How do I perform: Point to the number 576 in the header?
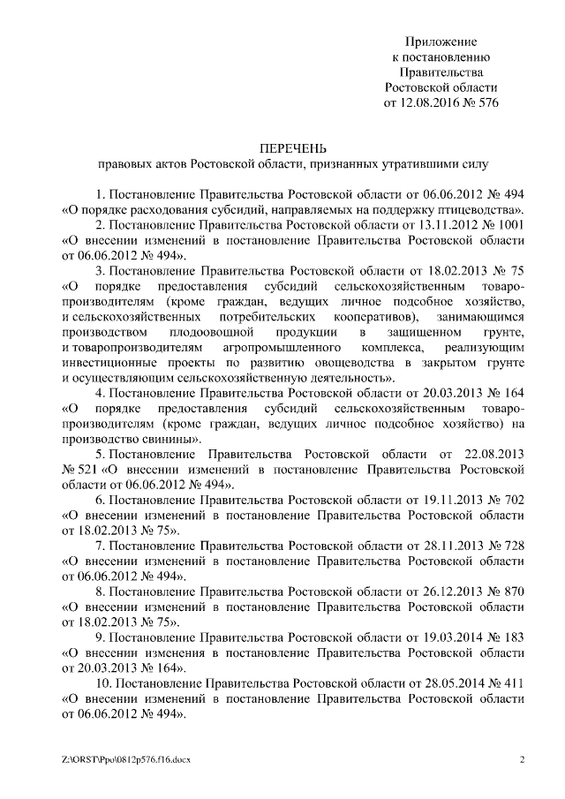[486, 102]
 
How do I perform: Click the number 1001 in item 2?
[510, 224]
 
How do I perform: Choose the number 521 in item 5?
[87, 470]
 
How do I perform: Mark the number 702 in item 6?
[514, 500]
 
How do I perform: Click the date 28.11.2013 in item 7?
[452, 546]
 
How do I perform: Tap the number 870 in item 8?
[514, 591]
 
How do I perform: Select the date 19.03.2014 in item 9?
[452, 637]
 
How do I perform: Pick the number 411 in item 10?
[514, 682]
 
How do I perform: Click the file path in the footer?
[121, 758]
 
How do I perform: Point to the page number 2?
[523, 758]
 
